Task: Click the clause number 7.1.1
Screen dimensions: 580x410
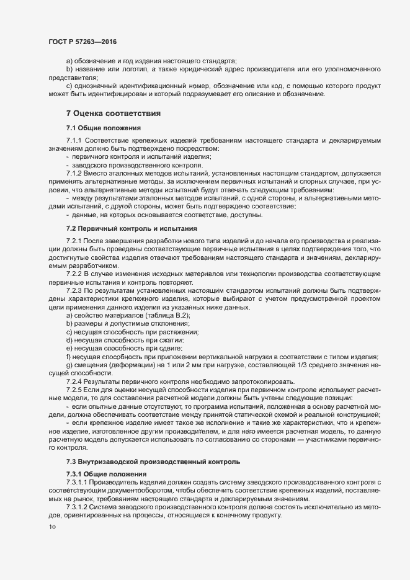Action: click(x=74, y=141)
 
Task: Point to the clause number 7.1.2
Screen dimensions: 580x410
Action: click(x=74, y=174)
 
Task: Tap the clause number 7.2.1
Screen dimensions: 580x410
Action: click(x=74, y=241)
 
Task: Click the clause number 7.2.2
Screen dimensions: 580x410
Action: click(x=74, y=274)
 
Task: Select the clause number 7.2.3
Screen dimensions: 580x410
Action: click(x=74, y=291)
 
